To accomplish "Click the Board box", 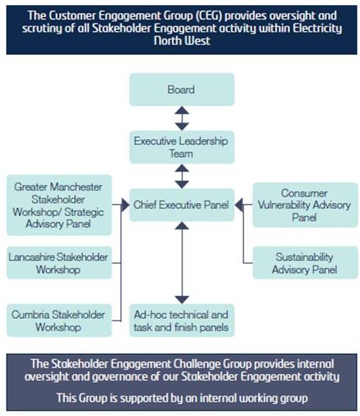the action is pyautogui.click(x=182, y=89).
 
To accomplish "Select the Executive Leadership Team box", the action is pyautogui.click(x=182, y=147).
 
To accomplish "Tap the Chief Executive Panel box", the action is pyautogui.click(x=182, y=205).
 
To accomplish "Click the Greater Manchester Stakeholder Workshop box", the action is pyautogui.click(x=59, y=205).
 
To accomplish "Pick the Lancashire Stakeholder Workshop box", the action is pyautogui.click(x=59, y=263).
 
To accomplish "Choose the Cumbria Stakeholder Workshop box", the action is pyautogui.click(x=59, y=320).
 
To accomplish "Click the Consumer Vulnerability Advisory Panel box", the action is pyautogui.click(x=305, y=205).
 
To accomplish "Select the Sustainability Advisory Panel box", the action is pyautogui.click(x=305, y=263).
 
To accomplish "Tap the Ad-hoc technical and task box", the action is pyautogui.click(x=182, y=320).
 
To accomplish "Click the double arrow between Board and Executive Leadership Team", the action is pyautogui.click(x=182, y=118).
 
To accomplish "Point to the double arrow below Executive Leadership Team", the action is pyautogui.click(x=182, y=176).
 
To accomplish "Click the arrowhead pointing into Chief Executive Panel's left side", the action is pyautogui.click(x=125, y=205).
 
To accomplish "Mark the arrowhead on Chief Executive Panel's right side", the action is pyautogui.click(x=239, y=205).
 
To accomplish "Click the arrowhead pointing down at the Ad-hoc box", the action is pyautogui.click(x=182, y=300).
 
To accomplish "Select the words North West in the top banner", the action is pyautogui.click(x=182, y=41).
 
